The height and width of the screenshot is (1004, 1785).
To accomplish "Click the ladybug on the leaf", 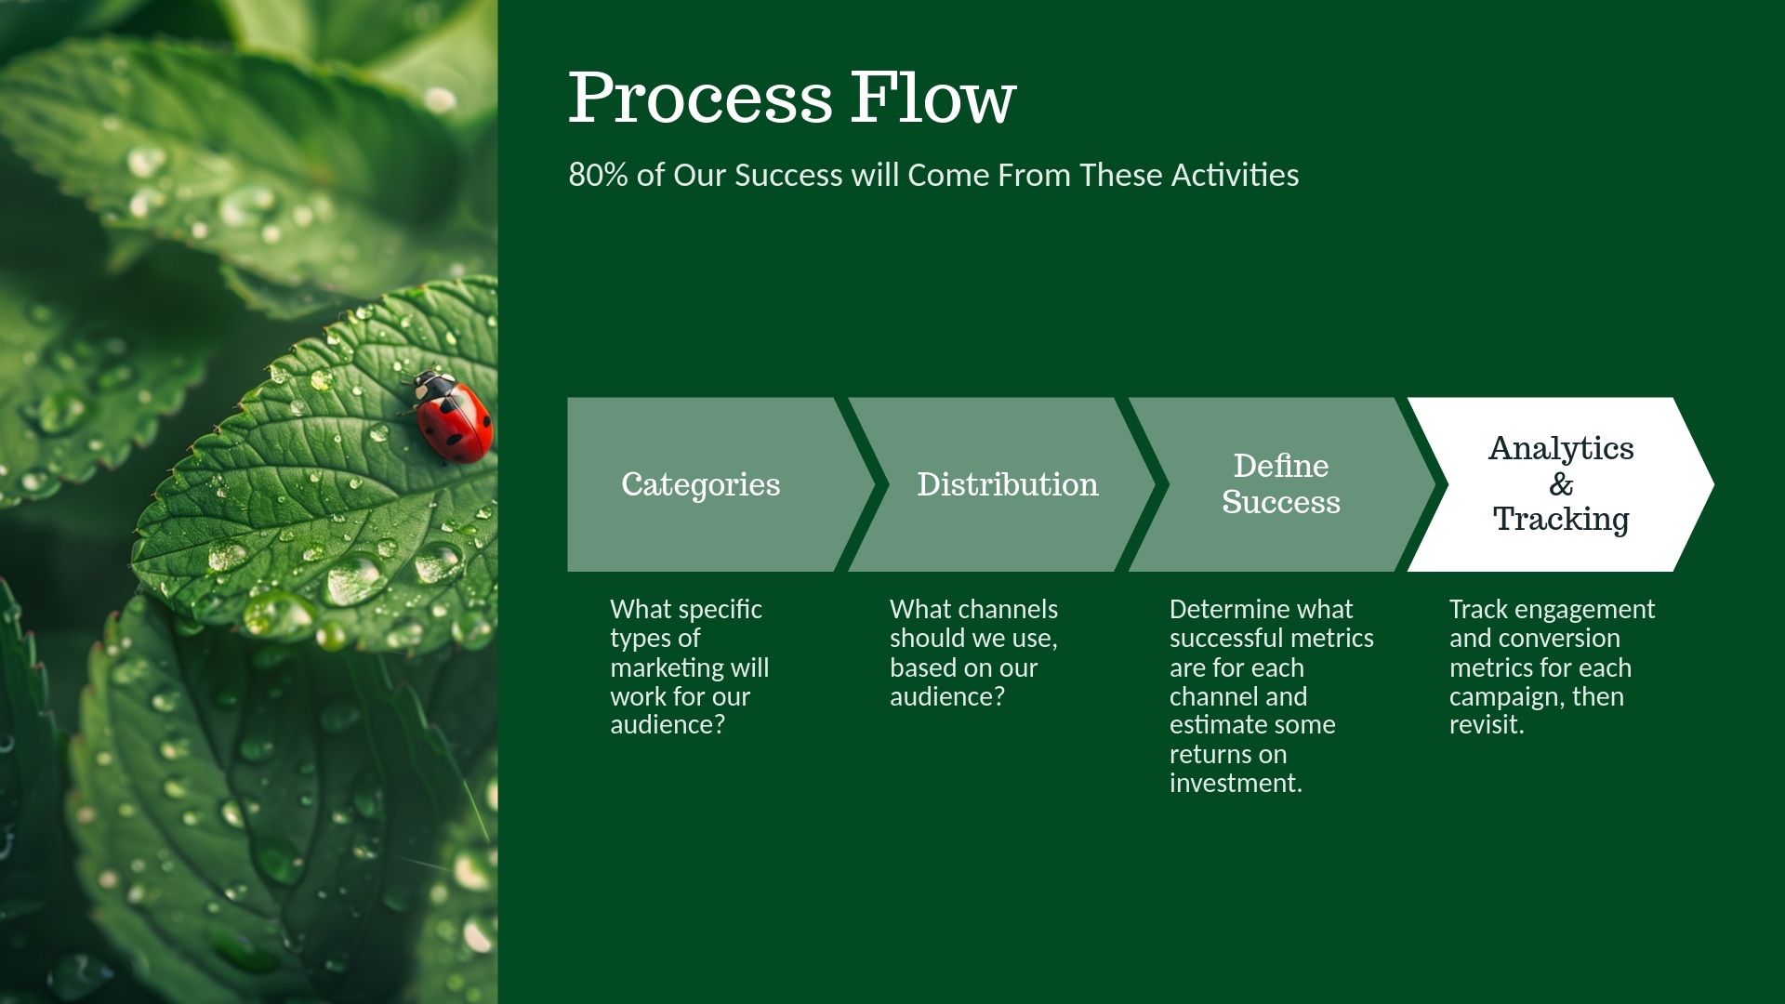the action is pos(450,416).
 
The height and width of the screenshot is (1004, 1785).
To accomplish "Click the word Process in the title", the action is pos(700,98).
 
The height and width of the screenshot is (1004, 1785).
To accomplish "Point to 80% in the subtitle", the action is pos(599,175).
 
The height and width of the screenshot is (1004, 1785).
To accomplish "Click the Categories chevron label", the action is pos(701,484).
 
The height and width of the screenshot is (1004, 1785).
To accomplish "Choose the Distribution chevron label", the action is pos(1008,484).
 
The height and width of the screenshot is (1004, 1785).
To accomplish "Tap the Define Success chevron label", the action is pos(1281,483).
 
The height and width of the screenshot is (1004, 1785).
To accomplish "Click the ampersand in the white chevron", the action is pos(1561,483).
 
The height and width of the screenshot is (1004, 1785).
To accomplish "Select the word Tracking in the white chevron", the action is pos(1561,519).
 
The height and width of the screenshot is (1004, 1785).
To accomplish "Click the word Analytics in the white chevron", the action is pos(1561,448).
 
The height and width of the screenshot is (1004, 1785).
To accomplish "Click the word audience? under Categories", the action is pos(668,725).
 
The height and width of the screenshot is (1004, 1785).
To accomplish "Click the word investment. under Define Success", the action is pos(1236,784).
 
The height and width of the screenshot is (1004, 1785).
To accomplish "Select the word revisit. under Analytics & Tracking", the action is pos(1487,725).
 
